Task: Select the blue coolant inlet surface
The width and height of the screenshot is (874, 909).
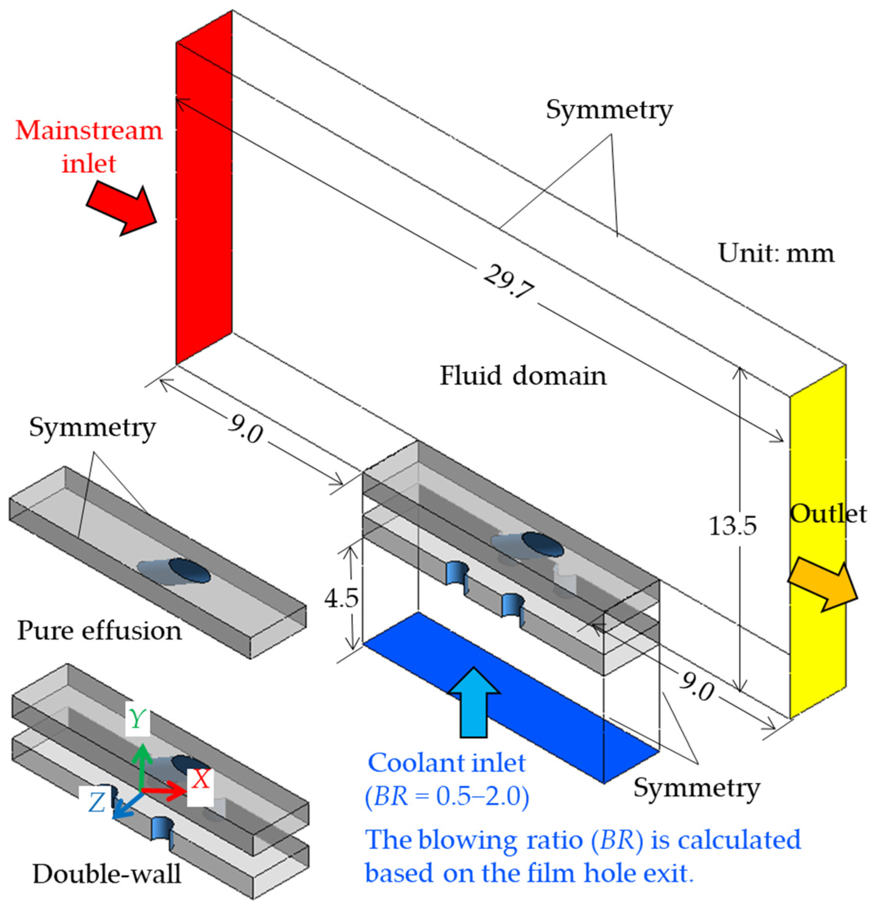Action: (x=510, y=696)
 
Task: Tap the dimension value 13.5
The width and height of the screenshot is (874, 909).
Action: (x=733, y=526)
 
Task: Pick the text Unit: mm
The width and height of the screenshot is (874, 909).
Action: (x=776, y=253)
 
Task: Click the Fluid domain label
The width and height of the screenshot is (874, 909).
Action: (x=523, y=375)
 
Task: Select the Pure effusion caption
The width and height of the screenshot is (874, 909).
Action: (x=99, y=631)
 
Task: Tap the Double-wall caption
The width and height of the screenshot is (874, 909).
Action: (x=107, y=874)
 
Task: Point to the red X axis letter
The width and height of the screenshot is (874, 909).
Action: (x=201, y=779)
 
